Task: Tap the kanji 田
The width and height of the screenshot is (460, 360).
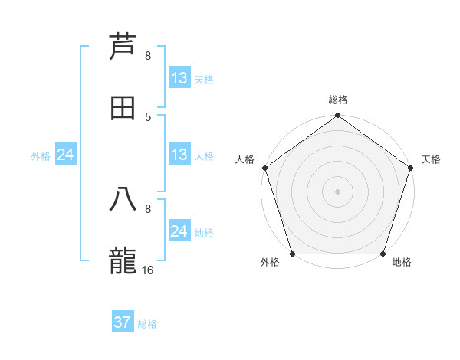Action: [123, 108]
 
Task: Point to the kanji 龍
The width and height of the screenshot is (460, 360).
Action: [123, 261]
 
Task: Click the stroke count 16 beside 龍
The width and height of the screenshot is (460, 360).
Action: [148, 270]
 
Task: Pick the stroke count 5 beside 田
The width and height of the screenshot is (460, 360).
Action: [148, 116]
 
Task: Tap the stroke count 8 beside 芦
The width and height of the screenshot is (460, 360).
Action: [148, 56]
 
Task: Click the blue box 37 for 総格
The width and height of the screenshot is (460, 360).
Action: [123, 322]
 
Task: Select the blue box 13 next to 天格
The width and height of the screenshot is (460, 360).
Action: [179, 78]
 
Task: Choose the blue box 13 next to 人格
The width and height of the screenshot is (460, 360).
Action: [179, 155]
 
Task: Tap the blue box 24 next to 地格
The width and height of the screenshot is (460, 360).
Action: [179, 231]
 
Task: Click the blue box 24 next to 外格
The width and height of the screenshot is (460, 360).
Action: [66, 155]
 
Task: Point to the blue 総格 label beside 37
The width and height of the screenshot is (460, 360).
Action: [147, 324]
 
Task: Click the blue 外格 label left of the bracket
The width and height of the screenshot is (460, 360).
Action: [41, 155]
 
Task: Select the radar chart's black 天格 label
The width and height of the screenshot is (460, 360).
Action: [431, 159]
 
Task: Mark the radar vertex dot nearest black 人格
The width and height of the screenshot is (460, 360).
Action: [264, 168]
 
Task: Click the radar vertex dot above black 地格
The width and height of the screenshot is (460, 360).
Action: [383, 254]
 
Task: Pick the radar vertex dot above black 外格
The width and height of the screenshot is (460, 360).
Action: [292, 254]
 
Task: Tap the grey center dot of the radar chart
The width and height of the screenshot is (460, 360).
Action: [337, 191]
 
